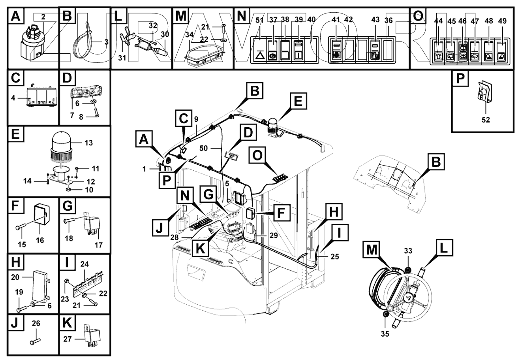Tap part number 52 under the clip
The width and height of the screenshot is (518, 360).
tap(486, 120)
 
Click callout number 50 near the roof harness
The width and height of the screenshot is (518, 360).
tap(203, 148)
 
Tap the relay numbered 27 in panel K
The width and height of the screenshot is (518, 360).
tap(92, 336)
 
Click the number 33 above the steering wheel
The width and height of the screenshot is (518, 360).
tap(408, 251)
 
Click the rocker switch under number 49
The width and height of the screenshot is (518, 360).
tap(501, 51)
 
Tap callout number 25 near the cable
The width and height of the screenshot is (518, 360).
tap(335, 256)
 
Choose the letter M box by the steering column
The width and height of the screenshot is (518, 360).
tap(372, 250)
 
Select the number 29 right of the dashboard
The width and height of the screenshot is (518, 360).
tap(274, 236)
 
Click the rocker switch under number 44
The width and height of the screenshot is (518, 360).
tap(438, 51)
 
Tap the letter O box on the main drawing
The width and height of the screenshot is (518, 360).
tap(257, 155)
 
